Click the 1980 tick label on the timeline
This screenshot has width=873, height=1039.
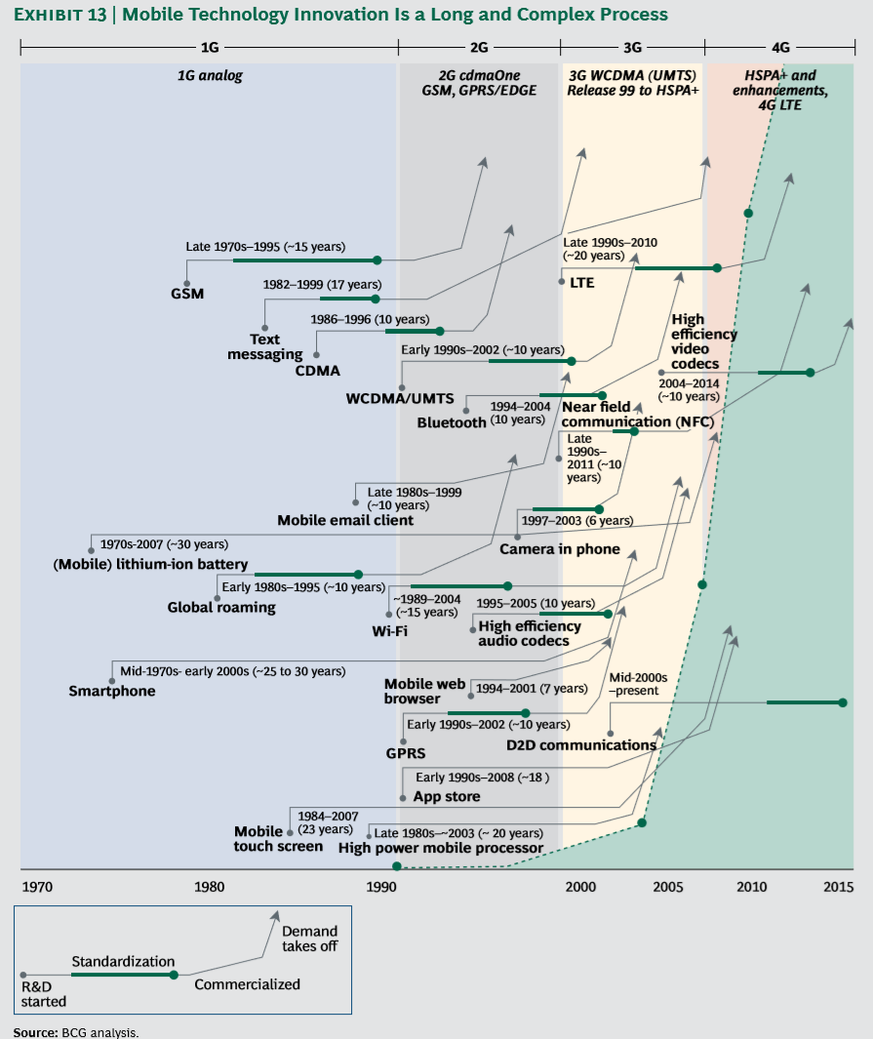point(209,887)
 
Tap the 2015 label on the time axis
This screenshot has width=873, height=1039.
point(839,887)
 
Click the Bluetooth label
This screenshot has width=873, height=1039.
point(452,422)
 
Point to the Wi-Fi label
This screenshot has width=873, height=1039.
point(390,630)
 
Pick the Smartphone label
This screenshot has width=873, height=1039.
point(112,691)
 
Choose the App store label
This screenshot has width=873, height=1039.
point(447,796)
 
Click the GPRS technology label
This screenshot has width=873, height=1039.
point(406,753)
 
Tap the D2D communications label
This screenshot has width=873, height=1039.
point(581,744)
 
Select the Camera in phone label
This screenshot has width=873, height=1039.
point(560,548)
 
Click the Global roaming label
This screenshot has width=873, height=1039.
point(221,607)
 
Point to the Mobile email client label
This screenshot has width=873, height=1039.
point(345,520)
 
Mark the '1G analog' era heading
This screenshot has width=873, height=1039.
point(210,75)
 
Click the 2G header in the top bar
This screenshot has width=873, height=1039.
point(479,46)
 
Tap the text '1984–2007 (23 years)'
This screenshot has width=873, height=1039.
point(328,821)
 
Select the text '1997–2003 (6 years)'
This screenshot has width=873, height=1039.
point(578,520)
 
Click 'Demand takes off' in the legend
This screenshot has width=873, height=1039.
point(309,939)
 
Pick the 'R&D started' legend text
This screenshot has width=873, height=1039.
point(44,994)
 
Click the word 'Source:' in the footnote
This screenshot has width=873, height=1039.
point(35,1031)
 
